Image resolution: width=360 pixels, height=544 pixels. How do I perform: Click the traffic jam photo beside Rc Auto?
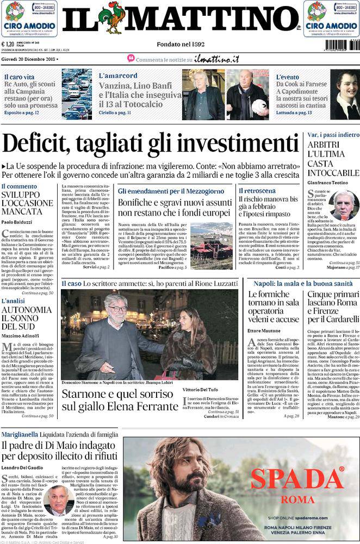[x=77, y=94]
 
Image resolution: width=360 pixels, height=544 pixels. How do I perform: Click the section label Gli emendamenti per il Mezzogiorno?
[x=171, y=192]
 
